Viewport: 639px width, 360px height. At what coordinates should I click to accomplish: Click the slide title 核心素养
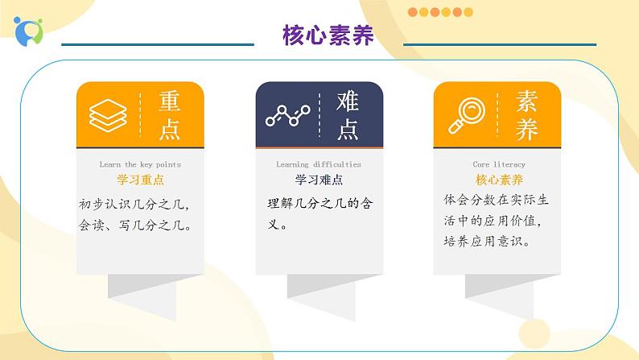pyautogui.click(x=328, y=35)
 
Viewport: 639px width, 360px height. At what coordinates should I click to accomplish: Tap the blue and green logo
pyautogui.click(x=28, y=31)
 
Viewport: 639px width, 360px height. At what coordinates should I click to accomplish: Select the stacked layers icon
pyautogui.click(x=108, y=115)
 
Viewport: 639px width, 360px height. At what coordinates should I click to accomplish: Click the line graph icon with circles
pyautogui.click(x=288, y=115)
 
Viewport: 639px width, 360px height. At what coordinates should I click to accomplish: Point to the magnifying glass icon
pyautogui.click(x=467, y=115)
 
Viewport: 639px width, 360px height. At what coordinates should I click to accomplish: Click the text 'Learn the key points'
pyautogui.click(x=140, y=165)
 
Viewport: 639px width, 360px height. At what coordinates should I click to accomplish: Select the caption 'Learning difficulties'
pyautogui.click(x=319, y=164)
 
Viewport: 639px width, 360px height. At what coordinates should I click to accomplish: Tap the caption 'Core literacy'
pyautogui.click(x=499, y=164)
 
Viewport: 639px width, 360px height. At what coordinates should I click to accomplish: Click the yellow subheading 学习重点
pyautogui.click(x=140, y=180)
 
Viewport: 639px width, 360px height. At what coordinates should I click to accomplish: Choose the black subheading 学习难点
pyautogui.click(x=319, y=180)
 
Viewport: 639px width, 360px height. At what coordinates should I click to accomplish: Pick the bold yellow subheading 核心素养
pyautogui.click(x=499, y=180)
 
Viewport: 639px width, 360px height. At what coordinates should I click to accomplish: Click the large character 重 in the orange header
pyautogui.click(x=170, y=101)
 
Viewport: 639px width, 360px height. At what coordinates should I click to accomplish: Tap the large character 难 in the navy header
pyautogui.click(x=348, y=101)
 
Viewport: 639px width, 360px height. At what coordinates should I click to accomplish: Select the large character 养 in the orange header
pyautogui.click(x=526, y=130)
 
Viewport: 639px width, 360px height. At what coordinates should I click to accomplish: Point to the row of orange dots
pyautogui.click(x=440, y=12)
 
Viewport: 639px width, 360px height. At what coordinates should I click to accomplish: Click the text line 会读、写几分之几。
pyautogui.click(x=135, y=225)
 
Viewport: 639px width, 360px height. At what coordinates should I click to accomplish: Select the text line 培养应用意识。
pyautogui.click(x=488, y=242)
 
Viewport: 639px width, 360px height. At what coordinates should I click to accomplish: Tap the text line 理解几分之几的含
pyautogui.click(x=320, y=203)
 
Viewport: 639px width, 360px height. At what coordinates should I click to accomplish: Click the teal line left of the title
pyautogui.click(x=158, y=44)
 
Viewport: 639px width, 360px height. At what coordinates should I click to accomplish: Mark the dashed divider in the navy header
pyautogui.click(x=319, y=115)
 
